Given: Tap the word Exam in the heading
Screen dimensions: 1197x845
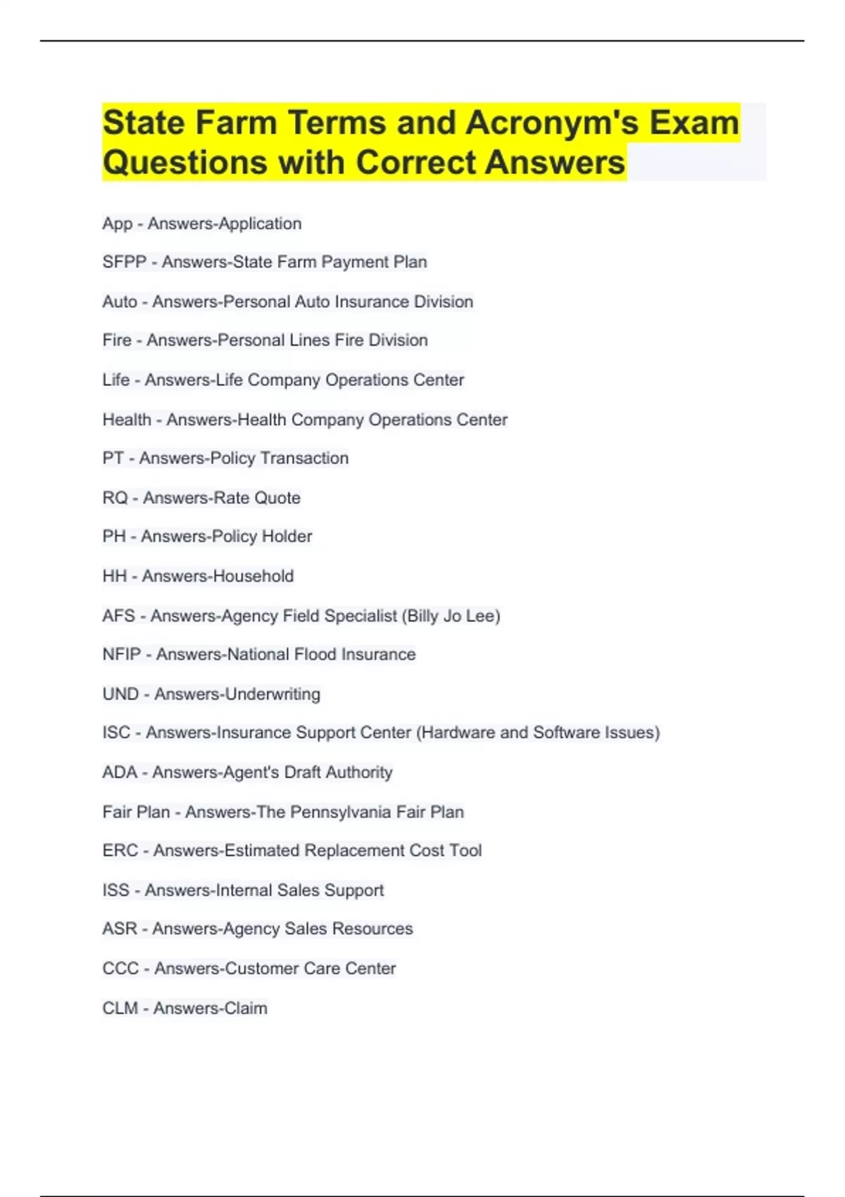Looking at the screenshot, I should (694, 123).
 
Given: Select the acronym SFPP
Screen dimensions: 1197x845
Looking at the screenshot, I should (124, 262).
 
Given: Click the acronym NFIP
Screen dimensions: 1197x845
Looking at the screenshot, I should (121, 654).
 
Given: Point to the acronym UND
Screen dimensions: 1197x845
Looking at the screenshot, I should (120, 694).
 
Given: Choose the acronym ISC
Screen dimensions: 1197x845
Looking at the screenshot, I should (116, 732).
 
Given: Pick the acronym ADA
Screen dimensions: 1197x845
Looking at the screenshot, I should (120, 772).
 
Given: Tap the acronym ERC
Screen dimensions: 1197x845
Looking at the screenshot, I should (120, 850).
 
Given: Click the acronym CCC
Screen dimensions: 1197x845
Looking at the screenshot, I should (120, 968).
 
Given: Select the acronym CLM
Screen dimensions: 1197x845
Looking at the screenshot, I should (120, 1008).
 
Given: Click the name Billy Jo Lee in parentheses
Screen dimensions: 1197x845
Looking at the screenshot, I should (451, 615).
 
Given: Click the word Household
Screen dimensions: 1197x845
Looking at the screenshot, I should (254, 576).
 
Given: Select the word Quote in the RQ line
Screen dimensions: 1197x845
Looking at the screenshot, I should (277, 498).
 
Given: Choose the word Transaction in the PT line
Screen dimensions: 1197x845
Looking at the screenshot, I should (304, 458).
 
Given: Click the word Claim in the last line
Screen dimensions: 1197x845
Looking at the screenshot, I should (246, 1008).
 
